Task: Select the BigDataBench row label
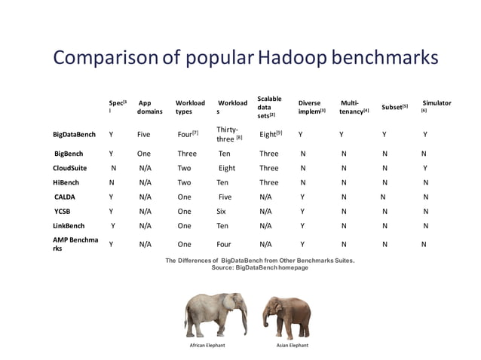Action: coord(74,136)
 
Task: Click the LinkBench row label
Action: coord(69,225)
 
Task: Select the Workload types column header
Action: coord(190,107)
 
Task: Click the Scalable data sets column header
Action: coord(270,107)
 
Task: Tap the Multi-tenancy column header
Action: coord(353,107)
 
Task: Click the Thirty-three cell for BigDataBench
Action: coord(228,135)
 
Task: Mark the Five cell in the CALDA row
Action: coord(225,197)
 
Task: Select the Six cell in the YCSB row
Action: coord(221,211)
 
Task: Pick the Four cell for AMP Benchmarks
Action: coord(223,244)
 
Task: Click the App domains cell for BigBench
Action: coord(144,154)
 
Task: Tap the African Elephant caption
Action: coord(207,344)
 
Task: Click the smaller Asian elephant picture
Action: coord(285,315)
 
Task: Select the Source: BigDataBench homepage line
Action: coord(260,268)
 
